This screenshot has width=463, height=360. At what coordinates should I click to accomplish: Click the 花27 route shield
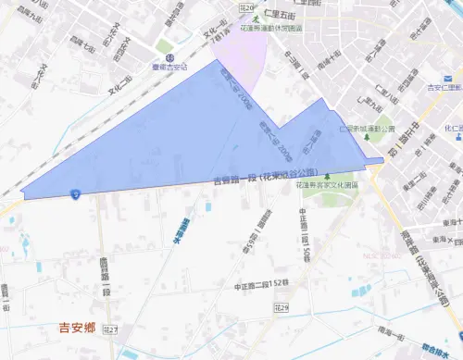(112, 329)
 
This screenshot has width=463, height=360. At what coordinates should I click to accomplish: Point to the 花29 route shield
(282, 306)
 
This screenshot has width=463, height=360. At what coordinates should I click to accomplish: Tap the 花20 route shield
(245, 6)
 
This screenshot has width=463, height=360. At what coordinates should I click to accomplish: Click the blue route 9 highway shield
(73, 194)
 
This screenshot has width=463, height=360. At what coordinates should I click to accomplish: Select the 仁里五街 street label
(279, 16)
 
